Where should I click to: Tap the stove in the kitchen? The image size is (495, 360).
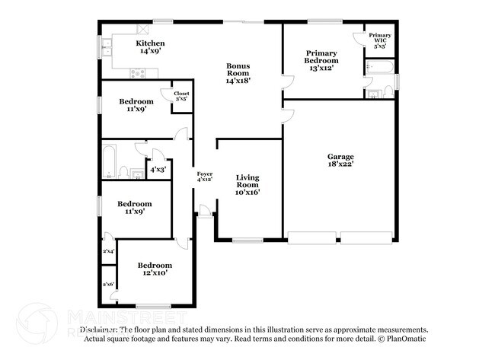pyautogui.click(x=138, y=73)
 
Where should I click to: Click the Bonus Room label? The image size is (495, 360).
pyautogui.click(x=238, y=74)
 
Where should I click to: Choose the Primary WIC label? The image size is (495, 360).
pyautogui.click(x=380, y=40)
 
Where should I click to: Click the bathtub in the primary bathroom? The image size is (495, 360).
pyautogui.click(x=379, y=72)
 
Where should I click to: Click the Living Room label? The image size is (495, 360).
pyautogui.click(x=247, y=185)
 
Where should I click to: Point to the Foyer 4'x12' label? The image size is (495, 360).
pyautogui.click(x=205, y=177)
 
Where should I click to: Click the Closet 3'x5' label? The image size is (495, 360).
pyautogui.click(x=181, y=96)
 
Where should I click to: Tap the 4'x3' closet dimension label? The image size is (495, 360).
pyautogui.click(x=158, y=170)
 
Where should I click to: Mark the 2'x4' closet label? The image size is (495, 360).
pyautogui.click(x=108, y=250)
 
